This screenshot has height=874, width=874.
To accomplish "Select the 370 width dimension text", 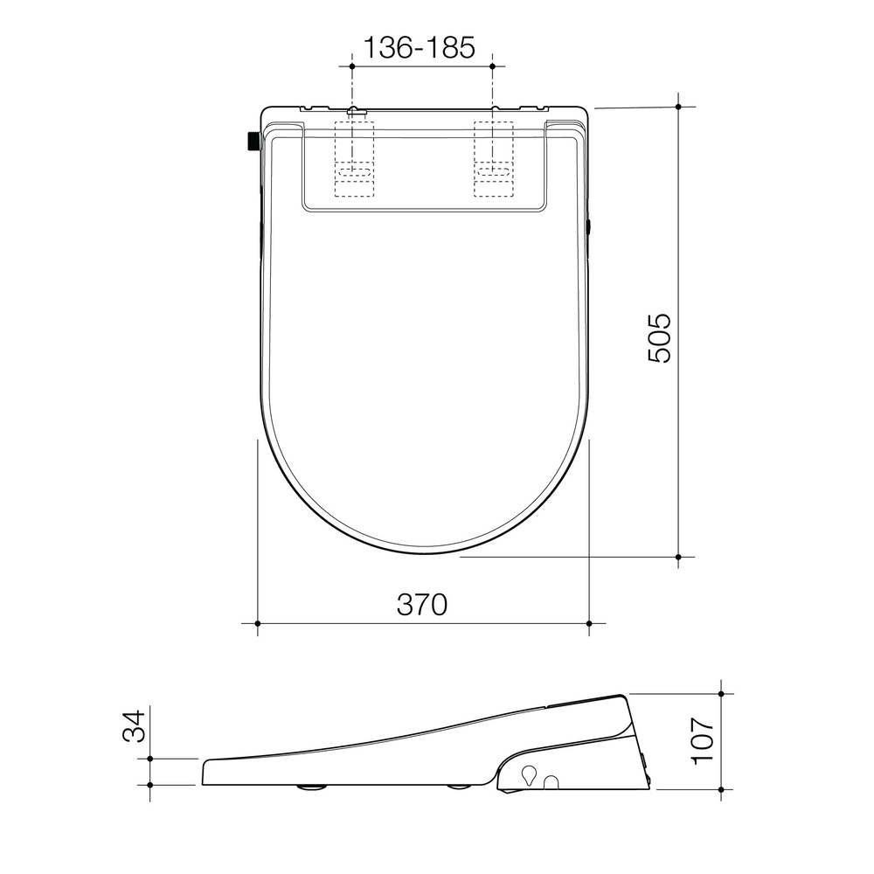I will (422, 604).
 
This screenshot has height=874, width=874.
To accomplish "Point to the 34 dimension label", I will (131, 726).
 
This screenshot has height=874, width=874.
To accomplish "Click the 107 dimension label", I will (704, 741).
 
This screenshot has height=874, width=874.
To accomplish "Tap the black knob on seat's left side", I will (251, 141).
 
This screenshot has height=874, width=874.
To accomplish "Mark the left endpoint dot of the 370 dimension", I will (257, 623).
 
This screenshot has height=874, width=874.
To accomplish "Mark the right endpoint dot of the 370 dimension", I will (590, 623).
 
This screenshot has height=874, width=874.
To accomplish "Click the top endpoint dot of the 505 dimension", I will (679, 106).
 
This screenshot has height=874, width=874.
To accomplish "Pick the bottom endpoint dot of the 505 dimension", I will (679, 556).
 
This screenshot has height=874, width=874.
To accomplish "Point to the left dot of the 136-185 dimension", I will (351, 66).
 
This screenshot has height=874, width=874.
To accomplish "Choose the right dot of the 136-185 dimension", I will (492, 66).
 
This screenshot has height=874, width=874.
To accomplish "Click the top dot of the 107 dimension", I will (720, 693).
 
